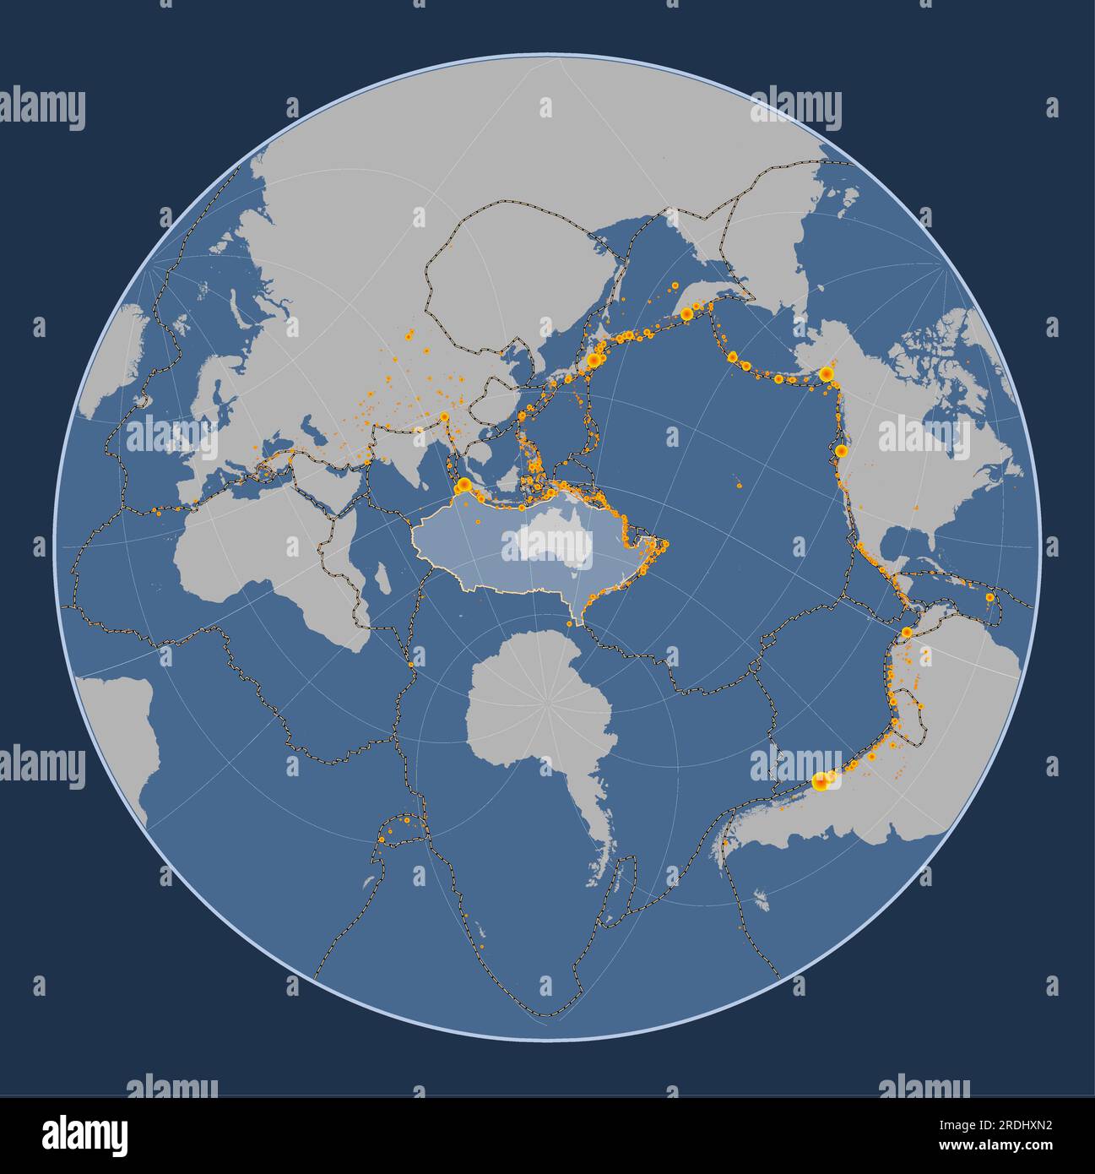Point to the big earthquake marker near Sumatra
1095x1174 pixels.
tap(463, 485)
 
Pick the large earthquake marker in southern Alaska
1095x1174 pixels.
tap(827, 373)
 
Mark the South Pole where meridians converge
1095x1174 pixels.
tap(549, 702)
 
